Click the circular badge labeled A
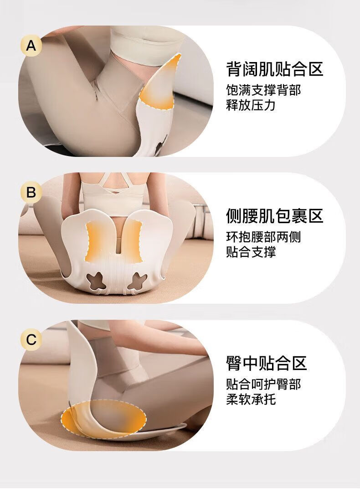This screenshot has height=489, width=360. tap(31, 46)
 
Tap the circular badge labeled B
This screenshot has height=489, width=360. tap(31, 192)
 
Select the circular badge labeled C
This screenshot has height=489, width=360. tap(31, 339)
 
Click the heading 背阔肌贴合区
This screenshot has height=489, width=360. tap(275, 69)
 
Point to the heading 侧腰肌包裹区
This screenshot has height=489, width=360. tap(275, 216)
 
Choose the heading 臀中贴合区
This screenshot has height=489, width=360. tap(267, 363)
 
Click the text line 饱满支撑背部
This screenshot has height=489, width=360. tap(263, 90)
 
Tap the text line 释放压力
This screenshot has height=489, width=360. tap(251, 105)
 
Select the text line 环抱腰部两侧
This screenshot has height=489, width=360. tap(263, 237)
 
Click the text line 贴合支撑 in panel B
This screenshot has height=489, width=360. tap(251, 252)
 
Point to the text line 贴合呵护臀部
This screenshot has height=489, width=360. tap(263, 384)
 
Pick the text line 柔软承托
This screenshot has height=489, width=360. tap(251, 399)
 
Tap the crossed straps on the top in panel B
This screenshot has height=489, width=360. tap(113, 188)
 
